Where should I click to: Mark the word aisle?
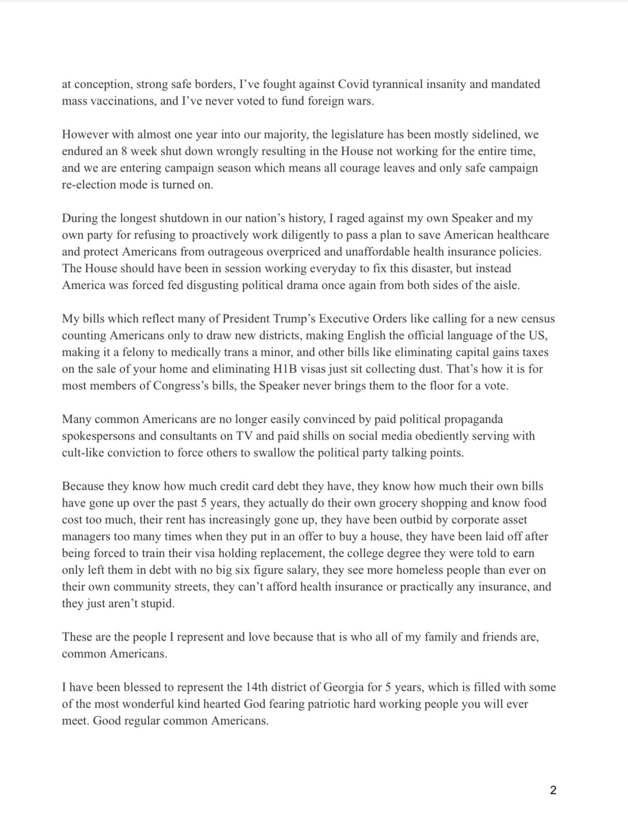[x=506, y=285]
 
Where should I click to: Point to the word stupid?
[x=157, y=604]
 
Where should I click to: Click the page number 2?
[x=553, y=790]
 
